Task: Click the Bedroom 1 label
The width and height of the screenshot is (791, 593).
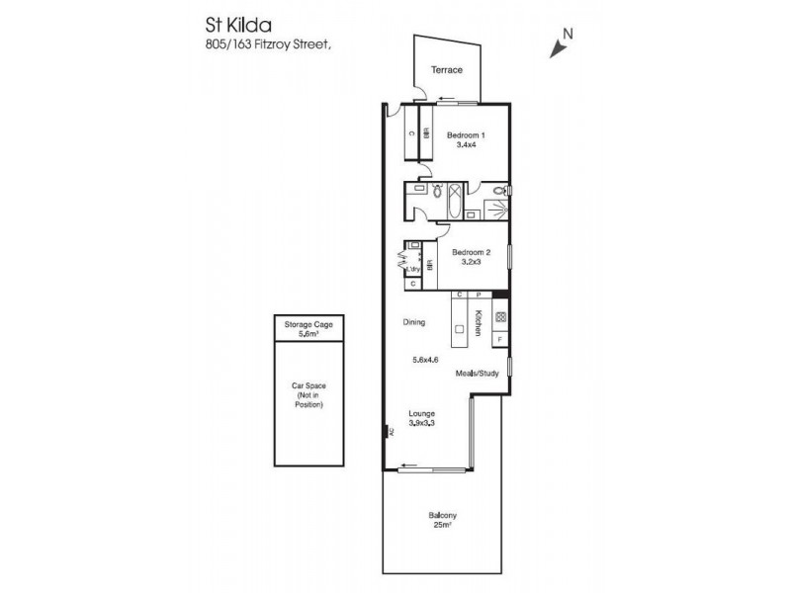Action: tap(466, 134)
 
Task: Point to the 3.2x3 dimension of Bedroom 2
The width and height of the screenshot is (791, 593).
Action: tap(466, 264)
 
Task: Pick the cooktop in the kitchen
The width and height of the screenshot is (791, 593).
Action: tap(500, 318)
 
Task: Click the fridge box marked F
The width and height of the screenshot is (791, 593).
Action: tap(500, 340)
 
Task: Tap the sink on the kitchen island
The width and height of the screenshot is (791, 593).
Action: tap(460, 327)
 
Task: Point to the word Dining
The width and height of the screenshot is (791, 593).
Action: tap(414, 321)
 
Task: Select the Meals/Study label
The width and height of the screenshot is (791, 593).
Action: tap(475, 375)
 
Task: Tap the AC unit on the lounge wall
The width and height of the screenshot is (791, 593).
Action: tap(390, 431)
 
